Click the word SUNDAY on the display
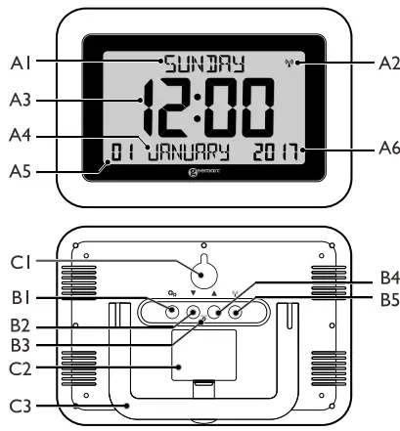[x=202, y=66]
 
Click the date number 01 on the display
[x=122, y=151]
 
